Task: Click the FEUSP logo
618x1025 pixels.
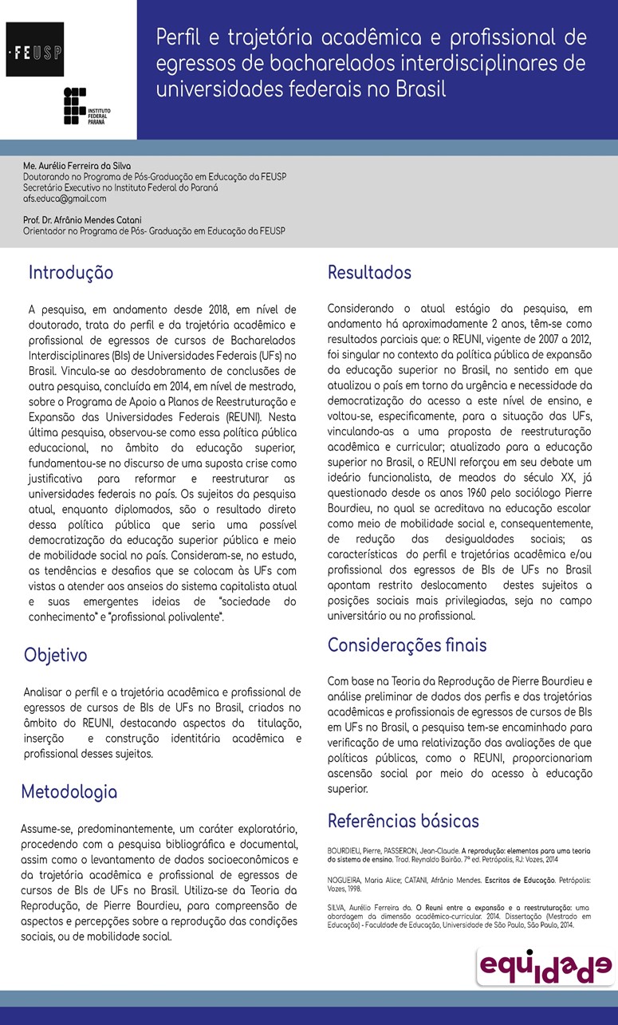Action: tap(35, 49)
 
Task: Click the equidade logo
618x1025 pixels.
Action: tap(545, 967)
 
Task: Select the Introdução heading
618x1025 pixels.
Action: tap(71, 273)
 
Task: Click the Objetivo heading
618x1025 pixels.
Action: tap(56, 655)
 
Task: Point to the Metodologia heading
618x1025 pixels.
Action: tap(69, 792)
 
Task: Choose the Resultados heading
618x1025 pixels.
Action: tap(369, 273)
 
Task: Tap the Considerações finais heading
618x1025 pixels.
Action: tap(407, 645)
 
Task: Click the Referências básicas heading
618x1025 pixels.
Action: tap(403, 821)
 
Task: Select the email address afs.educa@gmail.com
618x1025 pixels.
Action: tap(65, 199)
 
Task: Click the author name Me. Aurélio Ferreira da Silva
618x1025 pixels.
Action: tap(77, 165)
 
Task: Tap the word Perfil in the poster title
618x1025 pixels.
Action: tap(182, 37)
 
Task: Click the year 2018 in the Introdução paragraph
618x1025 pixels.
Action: tap(211, 309)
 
